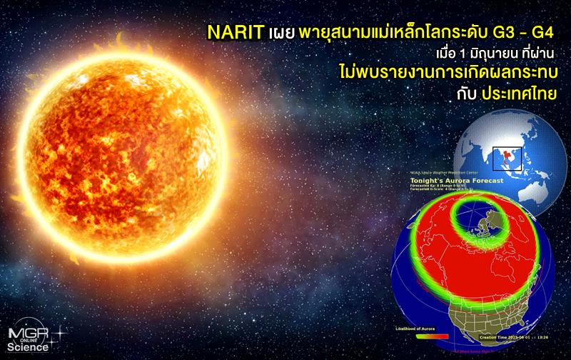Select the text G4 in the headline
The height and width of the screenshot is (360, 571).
click(542, 33)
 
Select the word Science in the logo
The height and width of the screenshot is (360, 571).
click(29, 348)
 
